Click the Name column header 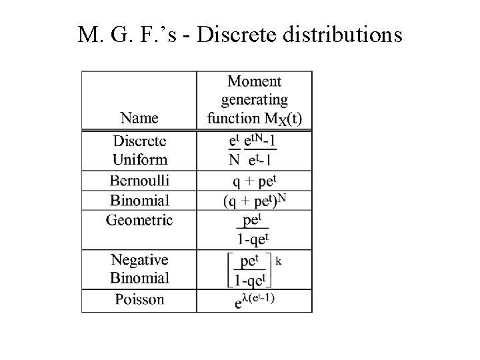[139, 118]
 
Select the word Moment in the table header [254, 82]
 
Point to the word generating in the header [254, 100]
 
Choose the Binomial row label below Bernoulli [139, 200]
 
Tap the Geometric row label [139, 219]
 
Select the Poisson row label [139, 299]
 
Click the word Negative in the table [139, 259]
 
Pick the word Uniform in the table [139, 160]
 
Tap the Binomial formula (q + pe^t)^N [254, 200]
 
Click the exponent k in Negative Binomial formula [278, 261]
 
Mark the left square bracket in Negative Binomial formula [229, 269]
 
